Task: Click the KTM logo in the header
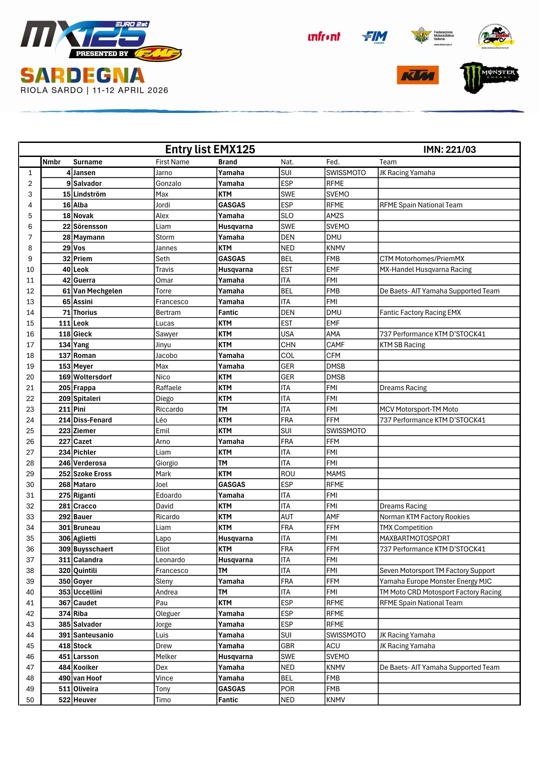418,75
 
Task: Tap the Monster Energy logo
489,77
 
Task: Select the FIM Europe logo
374,37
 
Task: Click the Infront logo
324,37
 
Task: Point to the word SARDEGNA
83,75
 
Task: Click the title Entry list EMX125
210,149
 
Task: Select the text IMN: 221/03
449,150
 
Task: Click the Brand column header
228,162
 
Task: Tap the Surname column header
87,162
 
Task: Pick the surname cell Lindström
89,194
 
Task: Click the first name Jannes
166,248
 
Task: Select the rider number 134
64,345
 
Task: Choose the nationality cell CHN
287,345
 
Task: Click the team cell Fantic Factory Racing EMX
420,313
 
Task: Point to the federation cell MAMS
335,474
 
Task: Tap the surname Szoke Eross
92,474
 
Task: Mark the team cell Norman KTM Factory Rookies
424,517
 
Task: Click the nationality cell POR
287,689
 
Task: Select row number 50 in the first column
30,700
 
